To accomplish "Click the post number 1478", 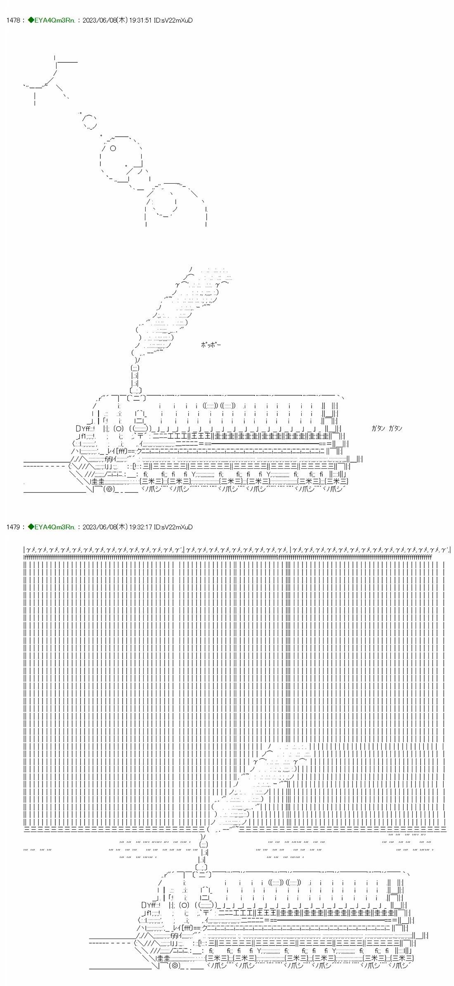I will click(13, 20).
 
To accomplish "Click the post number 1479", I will click(13, 527).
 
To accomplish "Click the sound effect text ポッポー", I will click(210, 345).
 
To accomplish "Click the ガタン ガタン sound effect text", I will click(387, 428).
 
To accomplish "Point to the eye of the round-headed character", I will click(113, 148).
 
